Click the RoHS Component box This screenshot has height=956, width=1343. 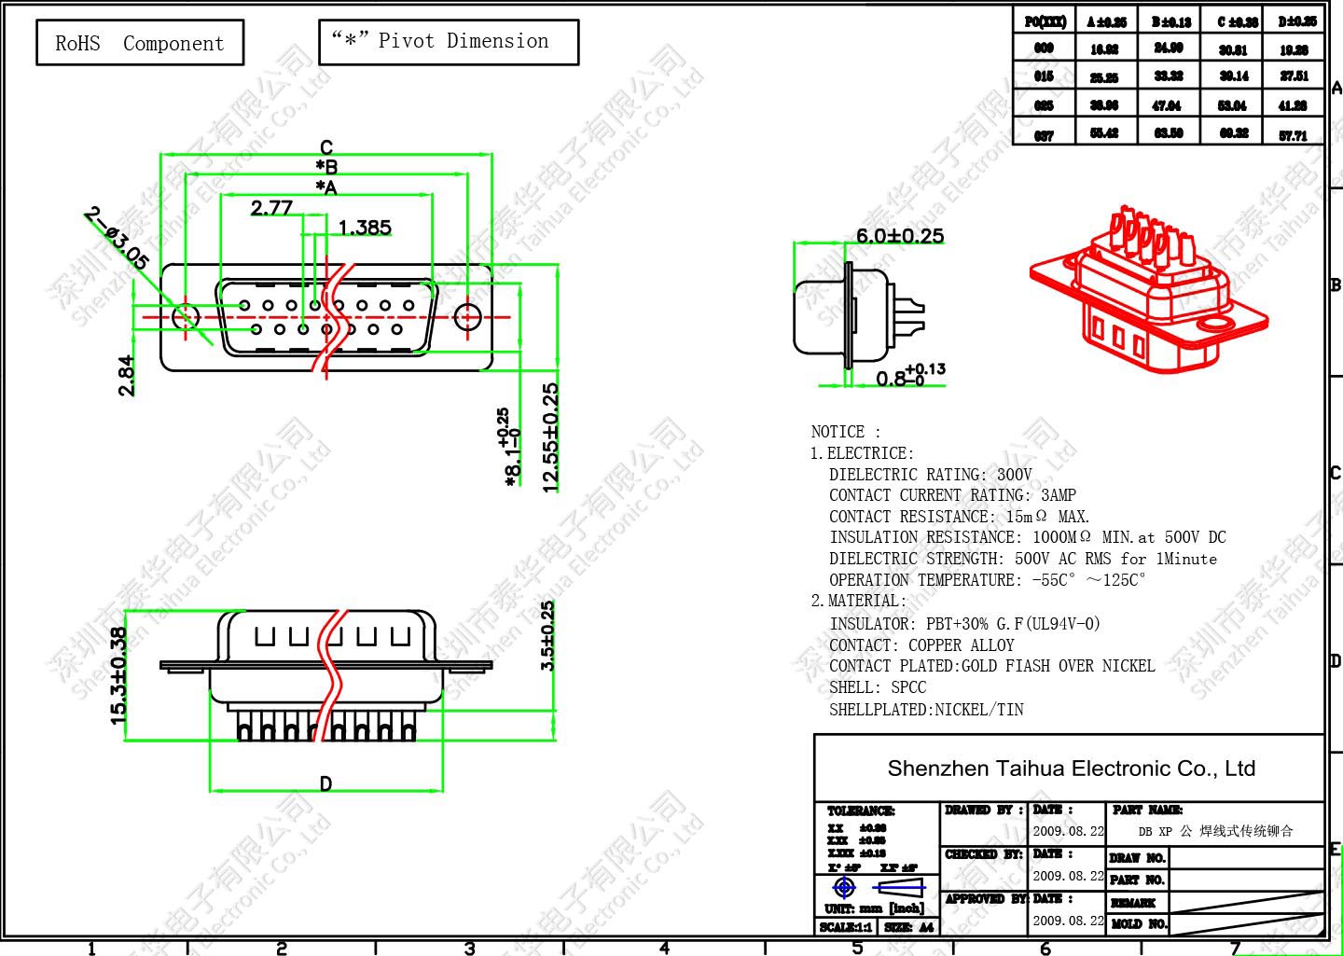(x=140, y=43)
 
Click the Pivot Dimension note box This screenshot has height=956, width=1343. (x=449, y=42)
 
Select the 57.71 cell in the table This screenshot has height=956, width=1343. (x=1294, y=135)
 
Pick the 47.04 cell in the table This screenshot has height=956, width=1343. (x=1167, y=105)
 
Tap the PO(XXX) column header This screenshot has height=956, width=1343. (x=1045, y=21)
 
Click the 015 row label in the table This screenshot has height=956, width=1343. (x=1045, y=76)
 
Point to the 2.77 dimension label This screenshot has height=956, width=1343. (x=271, y=208)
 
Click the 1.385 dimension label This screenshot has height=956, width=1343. (x=365, y=228)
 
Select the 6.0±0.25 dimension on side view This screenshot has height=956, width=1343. (x=900, y=236)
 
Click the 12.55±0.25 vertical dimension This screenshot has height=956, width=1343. (x=550, y=436)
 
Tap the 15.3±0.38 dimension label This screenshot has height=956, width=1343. (x=118, y=674)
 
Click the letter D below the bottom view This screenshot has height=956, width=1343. (x=325, y=783)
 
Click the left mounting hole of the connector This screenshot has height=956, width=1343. (x=187, y=316)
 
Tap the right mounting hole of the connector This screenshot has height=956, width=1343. (x=467, y=316)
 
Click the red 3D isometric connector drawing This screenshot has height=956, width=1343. (x=1149, y=289)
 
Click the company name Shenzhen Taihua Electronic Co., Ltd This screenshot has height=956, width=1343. (x=1071, y=769)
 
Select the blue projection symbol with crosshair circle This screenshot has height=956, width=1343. (x=844, y=886)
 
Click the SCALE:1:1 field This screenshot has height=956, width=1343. (x=846, y=927)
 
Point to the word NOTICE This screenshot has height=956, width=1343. (x=838, y=432)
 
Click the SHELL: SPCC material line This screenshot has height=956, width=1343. (x=878, y=687)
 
